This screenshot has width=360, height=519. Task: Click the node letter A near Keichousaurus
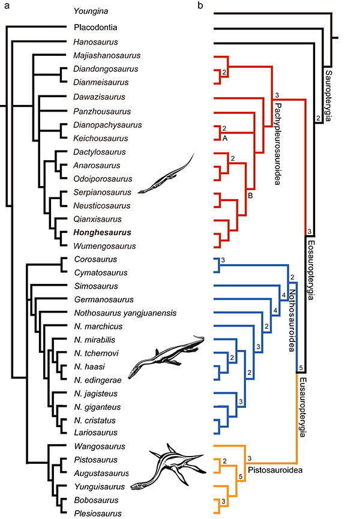[225, 137]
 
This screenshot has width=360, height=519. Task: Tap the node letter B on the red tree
[249, 194]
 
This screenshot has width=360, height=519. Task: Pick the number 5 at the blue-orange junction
[301, 368]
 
